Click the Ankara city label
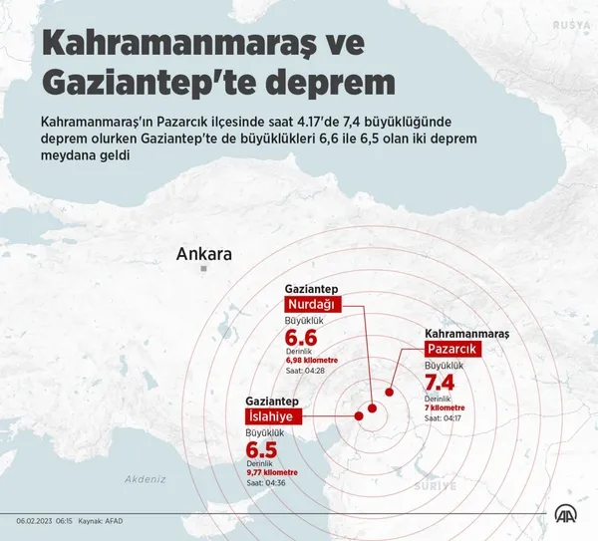coord(203,254)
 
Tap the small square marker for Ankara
coord(202,269)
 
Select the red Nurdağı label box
coord(313,304)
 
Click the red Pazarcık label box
coord(453,349)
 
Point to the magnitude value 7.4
coord(440,384)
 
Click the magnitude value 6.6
coord(301,341)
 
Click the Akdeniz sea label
coord(145,479)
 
